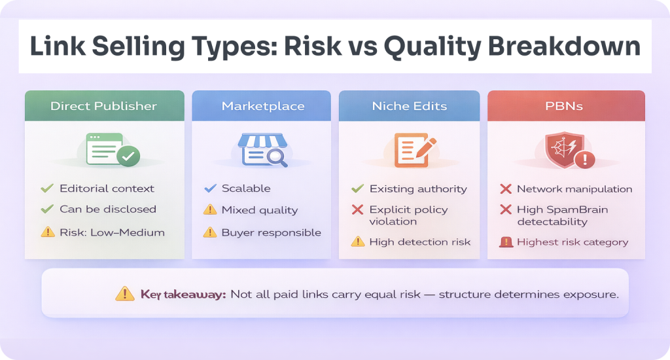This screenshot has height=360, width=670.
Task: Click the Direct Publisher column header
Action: point(104,106)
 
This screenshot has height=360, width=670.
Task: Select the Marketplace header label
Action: point(263,106)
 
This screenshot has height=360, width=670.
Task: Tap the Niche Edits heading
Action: point(410,106)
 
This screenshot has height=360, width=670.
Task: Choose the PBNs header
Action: point(564,106)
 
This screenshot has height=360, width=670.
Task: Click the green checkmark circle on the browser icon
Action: point(128,156)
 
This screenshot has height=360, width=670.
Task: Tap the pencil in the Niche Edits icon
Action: point(425,148)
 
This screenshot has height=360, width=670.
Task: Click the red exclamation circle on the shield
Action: point(585,160)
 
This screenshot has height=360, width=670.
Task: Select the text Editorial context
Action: point(107,189)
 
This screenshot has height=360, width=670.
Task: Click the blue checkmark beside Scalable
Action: point(210,188)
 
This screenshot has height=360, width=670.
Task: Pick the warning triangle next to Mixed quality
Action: point(210,209)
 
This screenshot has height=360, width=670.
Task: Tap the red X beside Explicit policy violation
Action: point(358,209)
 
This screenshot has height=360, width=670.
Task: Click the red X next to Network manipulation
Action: point(506,189)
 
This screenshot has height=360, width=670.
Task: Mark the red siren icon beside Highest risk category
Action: point(506,242)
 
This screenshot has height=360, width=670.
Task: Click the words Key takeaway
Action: point(183,295)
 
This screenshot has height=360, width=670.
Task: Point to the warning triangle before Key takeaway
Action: point(125,294)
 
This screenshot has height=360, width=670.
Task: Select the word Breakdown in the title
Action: point(564,46)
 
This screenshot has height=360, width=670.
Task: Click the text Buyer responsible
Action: point(272,232)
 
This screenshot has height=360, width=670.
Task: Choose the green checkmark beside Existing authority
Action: point(358,189)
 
